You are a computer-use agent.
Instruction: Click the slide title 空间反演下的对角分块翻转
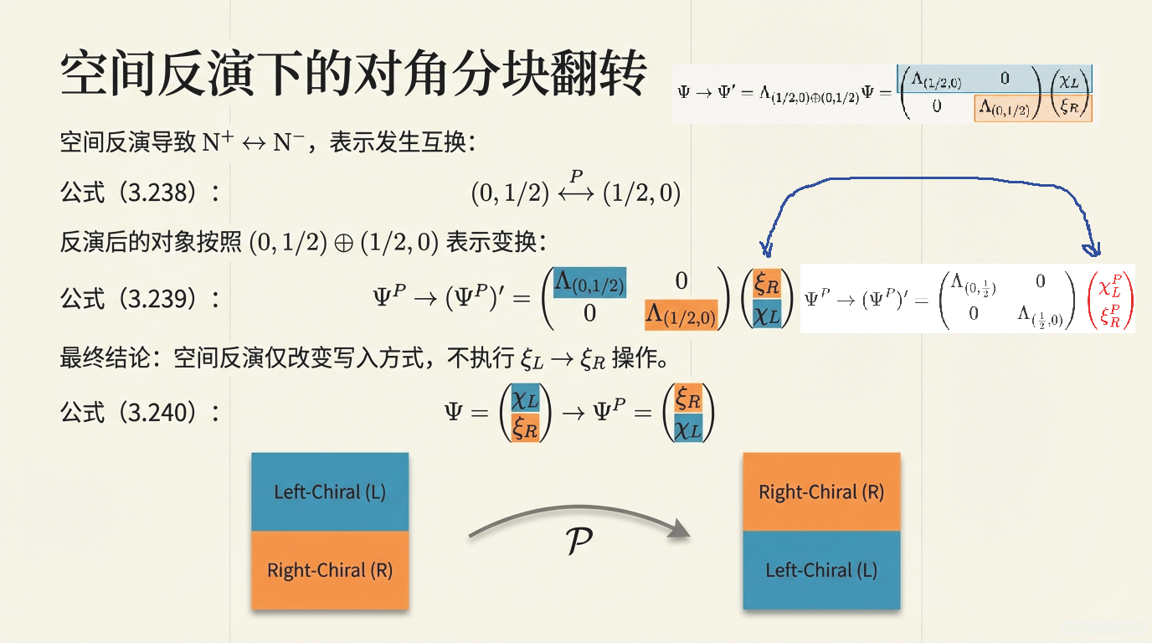coord(353,75)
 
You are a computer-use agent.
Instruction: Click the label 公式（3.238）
coord(139,193)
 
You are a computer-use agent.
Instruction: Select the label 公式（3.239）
coord(139,298)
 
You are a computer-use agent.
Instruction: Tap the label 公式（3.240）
coord(139,412)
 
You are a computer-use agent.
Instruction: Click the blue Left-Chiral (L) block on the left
coord(330,491)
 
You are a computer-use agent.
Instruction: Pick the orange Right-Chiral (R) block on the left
coord(330,570)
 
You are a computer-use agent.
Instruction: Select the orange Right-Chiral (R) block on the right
coord(821,491)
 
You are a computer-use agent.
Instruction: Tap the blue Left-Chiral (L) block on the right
coord(821,570)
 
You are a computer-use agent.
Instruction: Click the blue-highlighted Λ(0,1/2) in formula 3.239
coord(589,282)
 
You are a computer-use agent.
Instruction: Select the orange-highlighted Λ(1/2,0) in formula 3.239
coord(681,315)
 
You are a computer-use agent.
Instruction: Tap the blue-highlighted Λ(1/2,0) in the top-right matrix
coord(936,80)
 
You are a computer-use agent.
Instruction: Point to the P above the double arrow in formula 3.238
coord(575,176)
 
